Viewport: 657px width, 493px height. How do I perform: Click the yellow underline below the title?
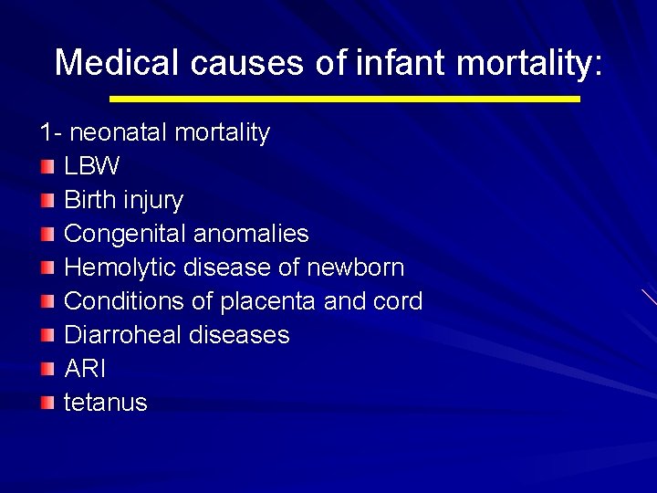coord(344,98)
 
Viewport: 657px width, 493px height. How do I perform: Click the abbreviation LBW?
coord(91,166)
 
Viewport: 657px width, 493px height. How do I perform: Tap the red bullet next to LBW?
coord(47,167)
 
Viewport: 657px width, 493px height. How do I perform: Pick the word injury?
coord(152,200)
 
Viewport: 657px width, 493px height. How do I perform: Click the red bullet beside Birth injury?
coord(47,201)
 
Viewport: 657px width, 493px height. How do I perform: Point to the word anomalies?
coord(254,234)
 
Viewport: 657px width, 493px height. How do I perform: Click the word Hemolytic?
coord(120,267)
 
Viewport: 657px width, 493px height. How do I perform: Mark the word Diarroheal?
coord(124,335)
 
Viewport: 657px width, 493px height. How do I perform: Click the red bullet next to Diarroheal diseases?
coord(47,336)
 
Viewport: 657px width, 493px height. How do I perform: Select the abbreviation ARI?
coord(85,369)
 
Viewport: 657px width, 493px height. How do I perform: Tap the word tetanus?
coord(105,403)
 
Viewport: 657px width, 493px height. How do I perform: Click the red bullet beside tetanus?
coord(47,404)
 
